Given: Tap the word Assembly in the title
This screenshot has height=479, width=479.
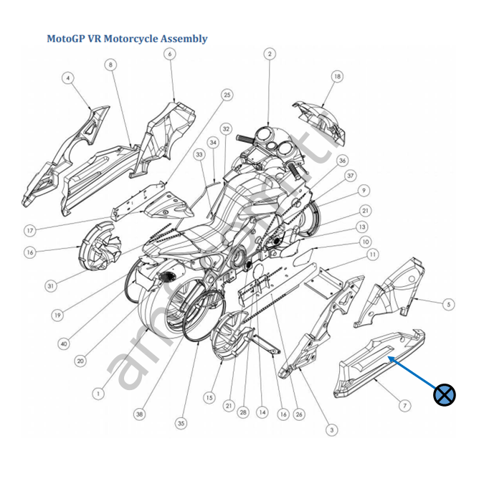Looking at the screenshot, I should tap(183, 39).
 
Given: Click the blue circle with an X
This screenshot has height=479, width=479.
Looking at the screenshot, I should tap(445, 394).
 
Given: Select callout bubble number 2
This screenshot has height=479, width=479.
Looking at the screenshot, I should tap(270, 54).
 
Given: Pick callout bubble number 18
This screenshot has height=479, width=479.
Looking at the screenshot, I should tap(337, 76).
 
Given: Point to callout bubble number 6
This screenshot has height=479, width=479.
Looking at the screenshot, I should tap(170, 54).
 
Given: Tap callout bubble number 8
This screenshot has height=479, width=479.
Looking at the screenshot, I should tap(110, 65).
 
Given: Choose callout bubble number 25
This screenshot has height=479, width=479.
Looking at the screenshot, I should tap(227, 95).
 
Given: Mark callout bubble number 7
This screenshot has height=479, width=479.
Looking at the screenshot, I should tap(404, 406).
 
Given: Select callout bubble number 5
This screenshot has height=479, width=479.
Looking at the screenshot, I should tap(448, 304).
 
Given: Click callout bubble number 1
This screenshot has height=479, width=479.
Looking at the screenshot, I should tap(98, 393).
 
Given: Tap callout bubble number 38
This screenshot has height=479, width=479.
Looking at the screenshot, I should tap(138, 414).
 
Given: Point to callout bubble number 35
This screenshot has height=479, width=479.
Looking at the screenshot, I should tap(181, 424).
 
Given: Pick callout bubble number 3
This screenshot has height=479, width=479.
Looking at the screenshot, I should tap(331, 430).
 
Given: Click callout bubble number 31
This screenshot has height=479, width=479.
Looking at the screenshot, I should tap(51, 286).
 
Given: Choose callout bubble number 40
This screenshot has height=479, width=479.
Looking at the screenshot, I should tap(65, 343).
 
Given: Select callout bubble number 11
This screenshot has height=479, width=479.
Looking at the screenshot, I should tap(372, 255).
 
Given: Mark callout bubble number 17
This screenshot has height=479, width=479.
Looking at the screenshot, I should tap(30, 231).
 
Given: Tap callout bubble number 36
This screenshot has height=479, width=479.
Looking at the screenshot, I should tap(343, 161).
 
